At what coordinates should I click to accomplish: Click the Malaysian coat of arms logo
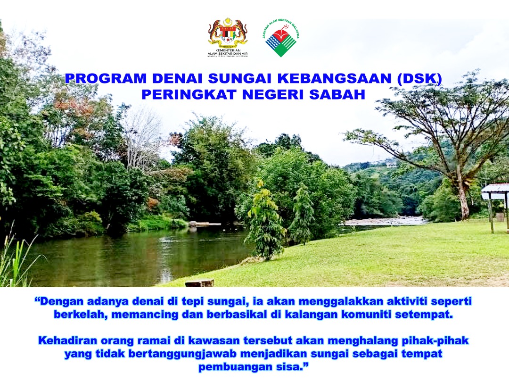tap(228, 33)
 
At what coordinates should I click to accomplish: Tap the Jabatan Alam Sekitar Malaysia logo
tap(280, 38)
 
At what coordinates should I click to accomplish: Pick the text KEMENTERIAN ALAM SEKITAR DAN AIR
tap(228, 53)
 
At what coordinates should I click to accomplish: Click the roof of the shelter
tap(495, 188)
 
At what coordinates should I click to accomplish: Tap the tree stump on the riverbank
tap(199, 283)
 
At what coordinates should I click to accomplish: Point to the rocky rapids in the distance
tap(384, 221)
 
